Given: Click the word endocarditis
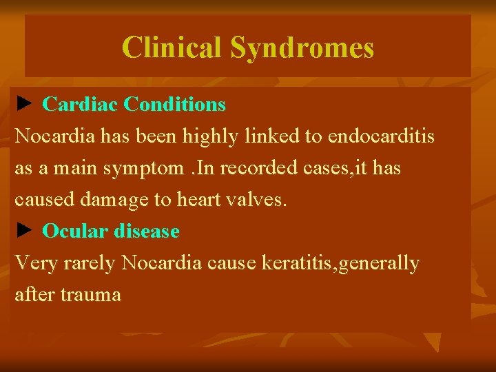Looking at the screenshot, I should [x=381, y=136].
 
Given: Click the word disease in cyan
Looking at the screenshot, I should [x=147, y=231].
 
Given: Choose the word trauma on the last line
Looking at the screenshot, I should [x=90, y=295].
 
